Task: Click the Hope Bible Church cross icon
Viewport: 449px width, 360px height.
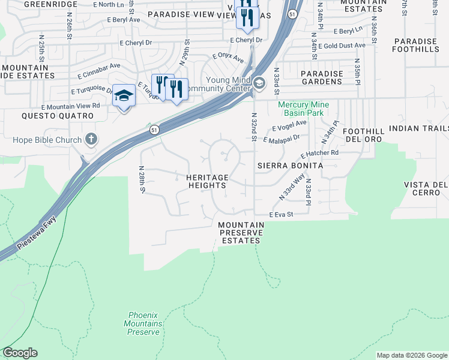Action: (x=91, y=140)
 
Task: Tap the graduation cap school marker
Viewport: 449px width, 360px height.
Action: (x=124, y=96)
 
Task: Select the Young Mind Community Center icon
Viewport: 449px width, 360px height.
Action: (x=259, y=83)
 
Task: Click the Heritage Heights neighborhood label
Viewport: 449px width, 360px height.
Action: (x=207, y=182)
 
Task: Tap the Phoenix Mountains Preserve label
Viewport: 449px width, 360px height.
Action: (x=144, y=323)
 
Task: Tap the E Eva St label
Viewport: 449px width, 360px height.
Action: (x=281, y=214)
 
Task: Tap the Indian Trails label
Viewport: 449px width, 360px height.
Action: (x=418, y=128)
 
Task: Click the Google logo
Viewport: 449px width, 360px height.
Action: (x=20, y=353)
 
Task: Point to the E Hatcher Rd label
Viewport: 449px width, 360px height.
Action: (x=317, y=154)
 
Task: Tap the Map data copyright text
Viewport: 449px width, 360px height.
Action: (x=411, y=355)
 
